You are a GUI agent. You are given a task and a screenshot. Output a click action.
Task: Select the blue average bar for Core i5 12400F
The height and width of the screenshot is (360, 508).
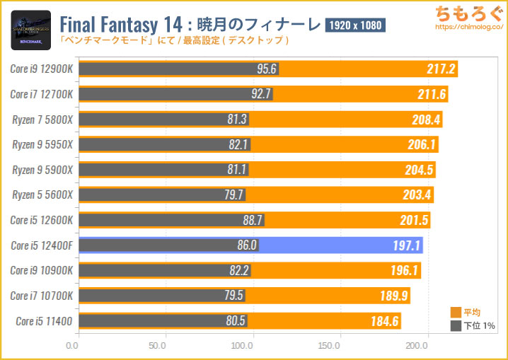coord(340,245)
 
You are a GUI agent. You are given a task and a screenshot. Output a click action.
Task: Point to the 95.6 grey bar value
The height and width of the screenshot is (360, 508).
coord(267,69)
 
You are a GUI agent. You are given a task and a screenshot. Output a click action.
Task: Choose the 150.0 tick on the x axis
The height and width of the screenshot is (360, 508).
coord(330,347)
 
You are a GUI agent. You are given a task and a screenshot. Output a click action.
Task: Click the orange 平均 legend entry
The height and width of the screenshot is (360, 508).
coord(466,312)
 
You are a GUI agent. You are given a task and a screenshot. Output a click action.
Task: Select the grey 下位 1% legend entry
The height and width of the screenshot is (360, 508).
coord(470,326)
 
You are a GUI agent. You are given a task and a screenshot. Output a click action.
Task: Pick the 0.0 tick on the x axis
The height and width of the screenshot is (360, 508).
coord(72,347)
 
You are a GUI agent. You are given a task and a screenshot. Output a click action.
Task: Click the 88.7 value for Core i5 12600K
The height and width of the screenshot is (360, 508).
coord(253,221)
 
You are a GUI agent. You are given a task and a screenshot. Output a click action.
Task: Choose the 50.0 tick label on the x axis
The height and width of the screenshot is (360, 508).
coord(158,347)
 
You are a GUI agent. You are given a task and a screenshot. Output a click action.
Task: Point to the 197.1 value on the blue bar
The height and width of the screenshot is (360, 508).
coord(408,245)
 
